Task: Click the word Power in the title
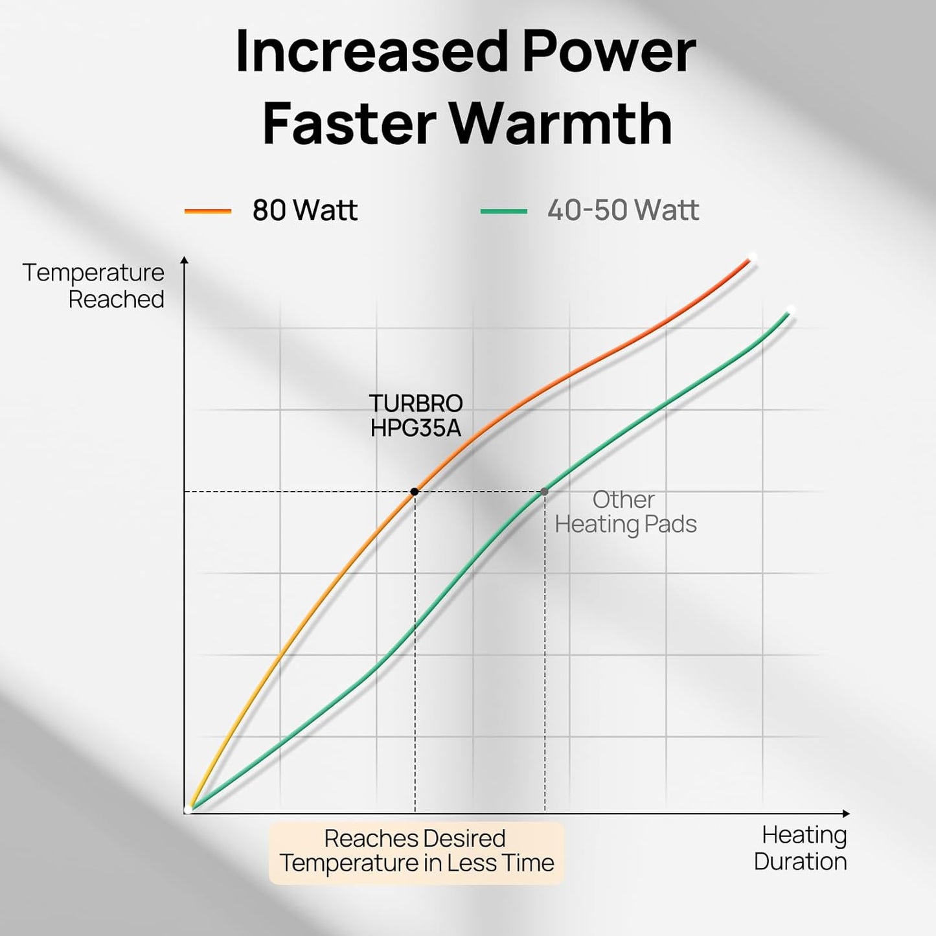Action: pos(608,52)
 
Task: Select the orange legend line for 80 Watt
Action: pos(208,211)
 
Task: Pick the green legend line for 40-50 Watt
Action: pos(503,211)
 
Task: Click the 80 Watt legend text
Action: pos(304,211)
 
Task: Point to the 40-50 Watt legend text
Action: pos(623,211)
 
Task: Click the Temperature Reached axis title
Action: pos(94,286)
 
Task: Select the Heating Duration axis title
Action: pos(801,848)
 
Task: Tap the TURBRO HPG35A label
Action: pos(416,415)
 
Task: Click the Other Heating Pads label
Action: pos(625,512)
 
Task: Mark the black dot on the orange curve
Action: pos(415,492)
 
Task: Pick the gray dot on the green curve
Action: pos(544,492)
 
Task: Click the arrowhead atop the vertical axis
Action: pos(185,260)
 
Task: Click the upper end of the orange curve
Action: pos(751,258)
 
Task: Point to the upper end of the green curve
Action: pos(790,311)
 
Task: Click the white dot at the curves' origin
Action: pos(188,809)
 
